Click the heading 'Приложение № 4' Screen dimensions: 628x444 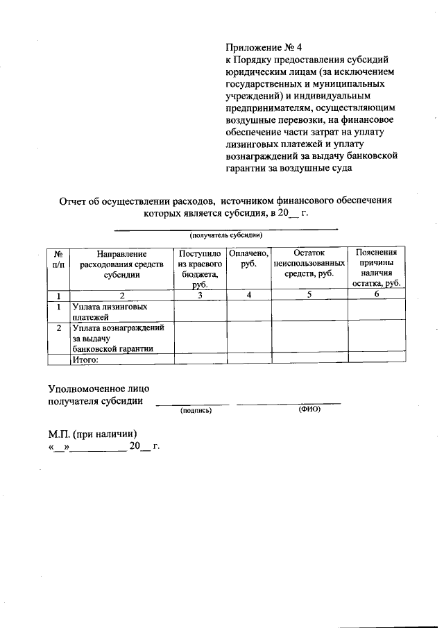[x=264, y=48]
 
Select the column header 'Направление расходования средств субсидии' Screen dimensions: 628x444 [x=121, y=264]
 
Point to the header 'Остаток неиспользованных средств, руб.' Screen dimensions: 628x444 [x=309, y=264]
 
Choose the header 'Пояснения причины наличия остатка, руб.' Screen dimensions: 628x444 [x=376, y=269]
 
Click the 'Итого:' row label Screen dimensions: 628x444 [x=87, y=359]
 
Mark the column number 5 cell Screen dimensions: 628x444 [x=309, y=295]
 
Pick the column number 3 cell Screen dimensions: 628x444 [x=200, y=295]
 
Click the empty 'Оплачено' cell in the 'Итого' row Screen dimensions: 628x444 [x=248, y=359]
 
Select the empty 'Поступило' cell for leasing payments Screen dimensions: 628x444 [x=200, y=311]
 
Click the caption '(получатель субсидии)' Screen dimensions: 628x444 [x=225, y=235]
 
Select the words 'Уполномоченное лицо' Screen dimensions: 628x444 [x=98, y=389]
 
